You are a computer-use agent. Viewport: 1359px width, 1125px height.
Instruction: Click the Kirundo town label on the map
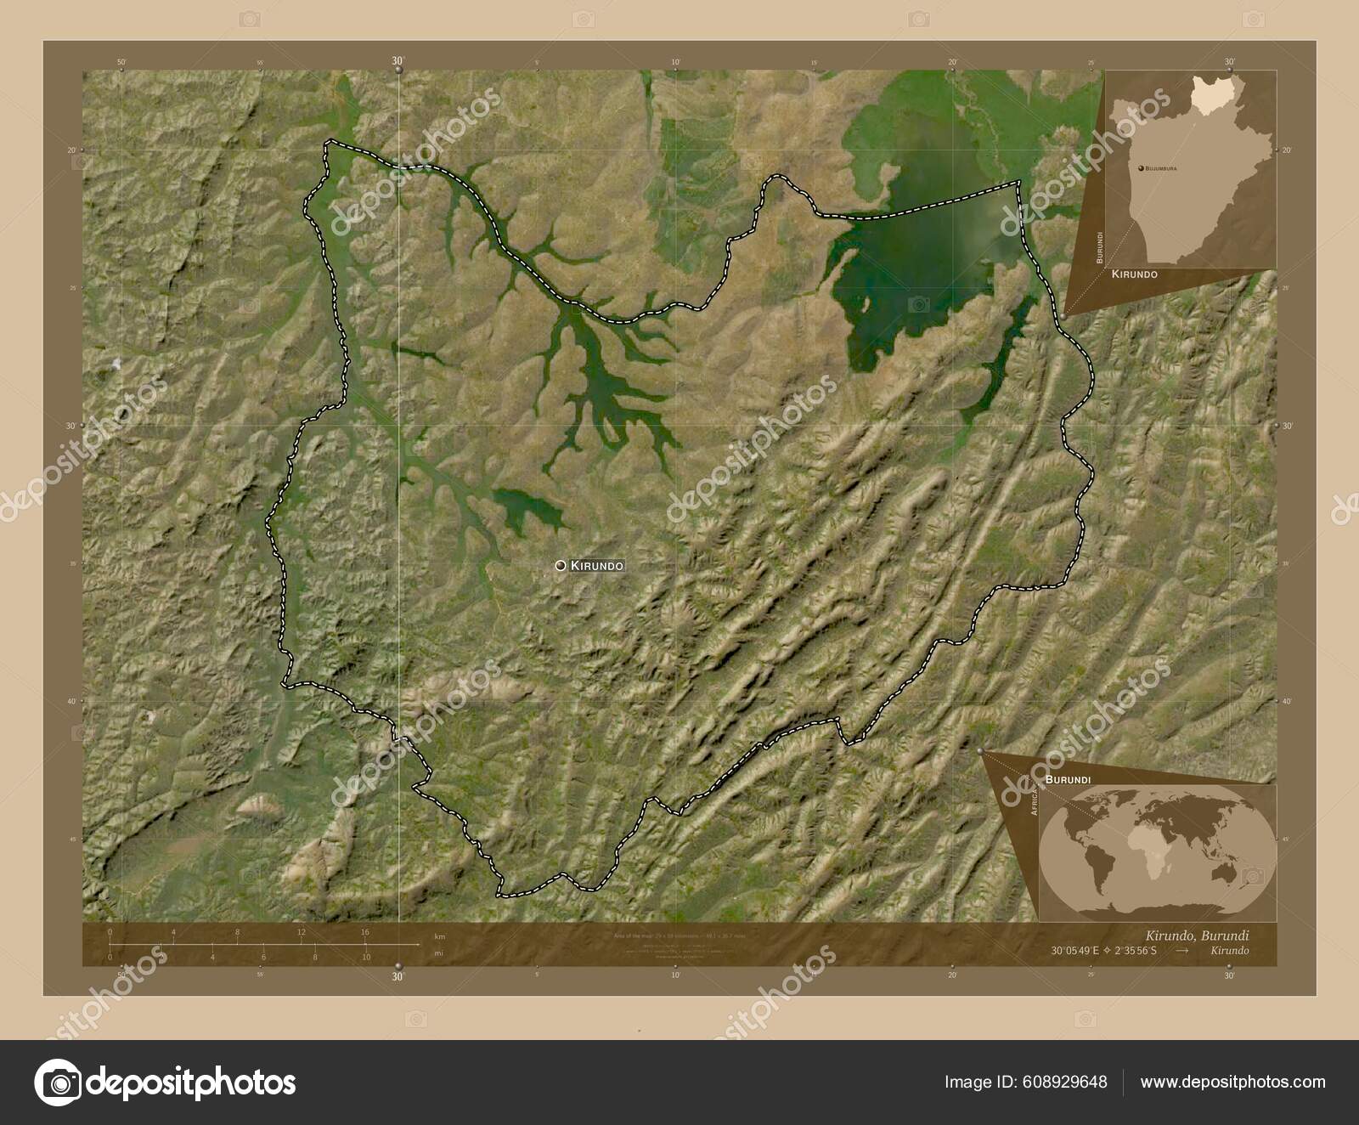point(597,565)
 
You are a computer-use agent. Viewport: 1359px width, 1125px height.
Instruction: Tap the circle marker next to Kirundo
point(561,565)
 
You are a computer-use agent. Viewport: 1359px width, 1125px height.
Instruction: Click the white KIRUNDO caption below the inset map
point(1134,275)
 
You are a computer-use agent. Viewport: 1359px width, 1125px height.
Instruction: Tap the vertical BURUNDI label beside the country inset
point(1100,246)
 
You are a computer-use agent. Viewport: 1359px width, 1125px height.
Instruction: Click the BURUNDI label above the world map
point(1069,778)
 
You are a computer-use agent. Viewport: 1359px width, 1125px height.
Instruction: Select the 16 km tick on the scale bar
point(364,933)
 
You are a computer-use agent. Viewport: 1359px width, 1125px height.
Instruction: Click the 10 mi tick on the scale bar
point(366,957)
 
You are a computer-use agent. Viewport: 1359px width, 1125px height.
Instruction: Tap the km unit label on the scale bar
point(439,936)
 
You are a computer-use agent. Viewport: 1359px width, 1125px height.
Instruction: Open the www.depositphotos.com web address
point(1232,1082)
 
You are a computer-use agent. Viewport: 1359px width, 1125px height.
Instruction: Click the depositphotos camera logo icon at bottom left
point(58,1083)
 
